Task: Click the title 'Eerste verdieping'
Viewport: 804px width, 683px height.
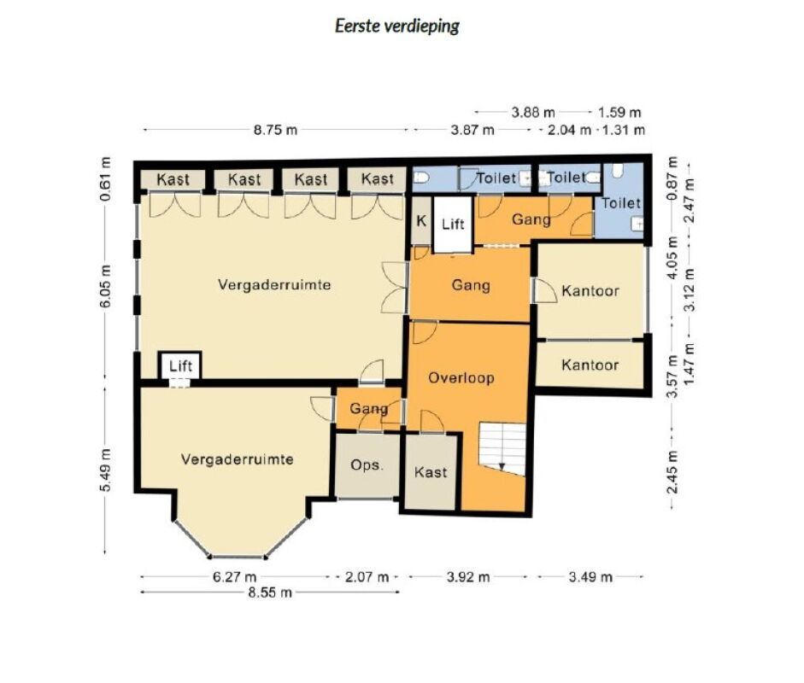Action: click(396, 26)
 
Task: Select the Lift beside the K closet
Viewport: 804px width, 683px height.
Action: click(453, 225)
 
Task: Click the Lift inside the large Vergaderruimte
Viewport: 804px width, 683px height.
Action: click(180, 366)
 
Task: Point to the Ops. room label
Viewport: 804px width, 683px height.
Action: click(367, 465)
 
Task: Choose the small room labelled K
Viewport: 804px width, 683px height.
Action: click(421, 221)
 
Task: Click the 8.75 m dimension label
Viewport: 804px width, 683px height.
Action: click(275, 130)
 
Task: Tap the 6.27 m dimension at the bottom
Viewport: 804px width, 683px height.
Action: click(234, 577)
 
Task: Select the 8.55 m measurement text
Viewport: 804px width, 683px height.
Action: click(270, 593)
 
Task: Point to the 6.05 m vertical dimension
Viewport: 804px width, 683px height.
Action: click(105, 286)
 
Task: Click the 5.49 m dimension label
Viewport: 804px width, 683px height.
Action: click(105, 470)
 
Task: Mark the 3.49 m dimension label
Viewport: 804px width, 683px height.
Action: click(590, 577)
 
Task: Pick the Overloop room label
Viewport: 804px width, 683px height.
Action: click(461, 378)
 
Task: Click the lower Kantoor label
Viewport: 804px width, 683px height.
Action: click(590, 365)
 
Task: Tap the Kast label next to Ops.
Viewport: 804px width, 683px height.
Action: click(431, 472)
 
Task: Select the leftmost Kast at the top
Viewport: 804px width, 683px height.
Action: click(173, 179)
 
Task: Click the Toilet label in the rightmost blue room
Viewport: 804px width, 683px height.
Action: click(621, 203)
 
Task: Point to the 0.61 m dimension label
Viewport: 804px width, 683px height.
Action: click(105, 178)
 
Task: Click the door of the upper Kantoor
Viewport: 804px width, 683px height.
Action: click(544, 290)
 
